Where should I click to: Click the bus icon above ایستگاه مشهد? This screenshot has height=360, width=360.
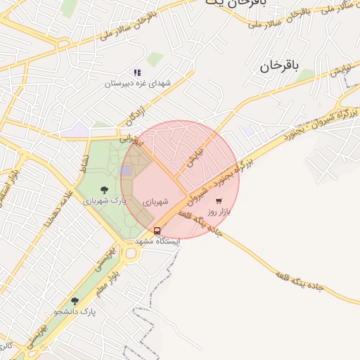[157, 230]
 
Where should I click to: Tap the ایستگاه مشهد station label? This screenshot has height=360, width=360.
[157, 240]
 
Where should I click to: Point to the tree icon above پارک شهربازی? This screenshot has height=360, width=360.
[104, 190]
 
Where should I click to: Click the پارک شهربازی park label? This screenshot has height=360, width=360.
[104, 201]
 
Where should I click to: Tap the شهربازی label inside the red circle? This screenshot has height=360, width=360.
[156, 201]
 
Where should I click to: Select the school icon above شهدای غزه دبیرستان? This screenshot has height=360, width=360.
[138, 72]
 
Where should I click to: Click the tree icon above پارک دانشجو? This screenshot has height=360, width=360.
[75, 301]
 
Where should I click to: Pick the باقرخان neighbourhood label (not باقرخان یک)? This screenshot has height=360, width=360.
[279, 66]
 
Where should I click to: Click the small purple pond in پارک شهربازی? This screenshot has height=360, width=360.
[126, 170]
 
